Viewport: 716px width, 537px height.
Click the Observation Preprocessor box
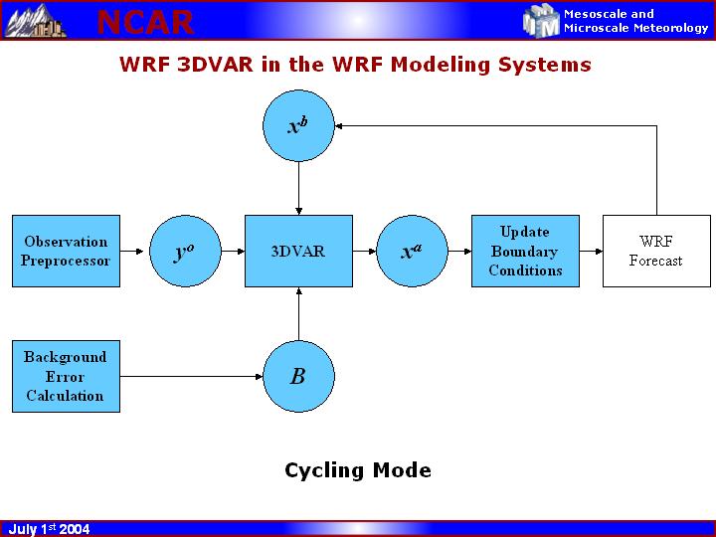point(66,251)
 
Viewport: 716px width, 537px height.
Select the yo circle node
point(184,252)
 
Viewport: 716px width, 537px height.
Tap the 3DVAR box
point(298,252)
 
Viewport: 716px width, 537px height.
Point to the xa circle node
point(412,252)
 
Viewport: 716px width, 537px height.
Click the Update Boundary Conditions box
point(525,251)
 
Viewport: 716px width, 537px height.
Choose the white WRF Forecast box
point(656,251)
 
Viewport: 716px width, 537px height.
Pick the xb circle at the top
point(298,126)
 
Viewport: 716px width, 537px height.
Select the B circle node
point(298,377)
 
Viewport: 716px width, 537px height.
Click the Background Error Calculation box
point(66,377)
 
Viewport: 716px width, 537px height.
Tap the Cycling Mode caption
point(358,470)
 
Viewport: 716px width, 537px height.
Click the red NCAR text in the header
point(145,21)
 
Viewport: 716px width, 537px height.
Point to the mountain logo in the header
point(36,21)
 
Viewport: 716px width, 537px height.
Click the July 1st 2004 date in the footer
point(50,529)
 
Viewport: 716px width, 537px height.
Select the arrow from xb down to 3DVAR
point(298,188)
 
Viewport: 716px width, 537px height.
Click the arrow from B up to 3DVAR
point(298,314)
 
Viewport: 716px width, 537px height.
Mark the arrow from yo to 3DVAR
point(233,252)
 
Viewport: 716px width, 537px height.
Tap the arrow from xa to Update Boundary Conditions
point(459,252)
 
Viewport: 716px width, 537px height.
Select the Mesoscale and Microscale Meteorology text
point(635,21)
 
